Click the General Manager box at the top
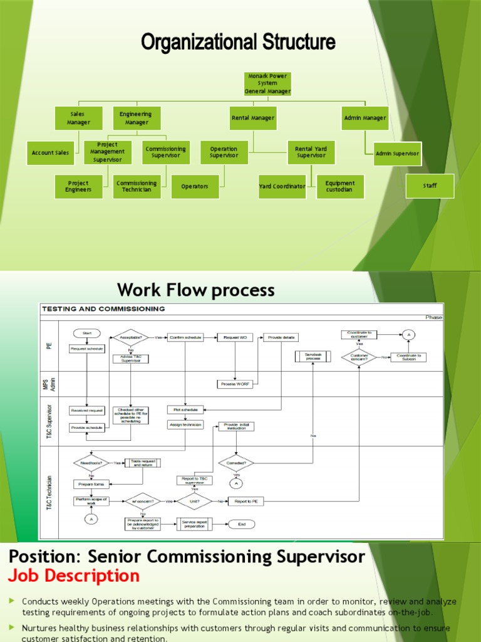pos(267,84)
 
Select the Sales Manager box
pos(78,118)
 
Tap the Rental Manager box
pos(253,118)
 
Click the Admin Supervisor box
pos(397,153)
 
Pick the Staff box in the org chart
pos(430,186)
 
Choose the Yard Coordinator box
pos(282,187)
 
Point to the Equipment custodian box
pos(340,187)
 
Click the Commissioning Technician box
pos(137,187)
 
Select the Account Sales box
pos(51,153)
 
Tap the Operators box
pos(195,187)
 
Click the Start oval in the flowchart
pos(86,333)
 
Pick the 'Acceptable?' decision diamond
pos(131,337)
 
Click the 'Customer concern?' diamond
pos(359,357)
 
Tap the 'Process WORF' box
pos(235,384)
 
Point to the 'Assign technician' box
pos(185,424)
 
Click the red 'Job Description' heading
pos(73,576)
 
